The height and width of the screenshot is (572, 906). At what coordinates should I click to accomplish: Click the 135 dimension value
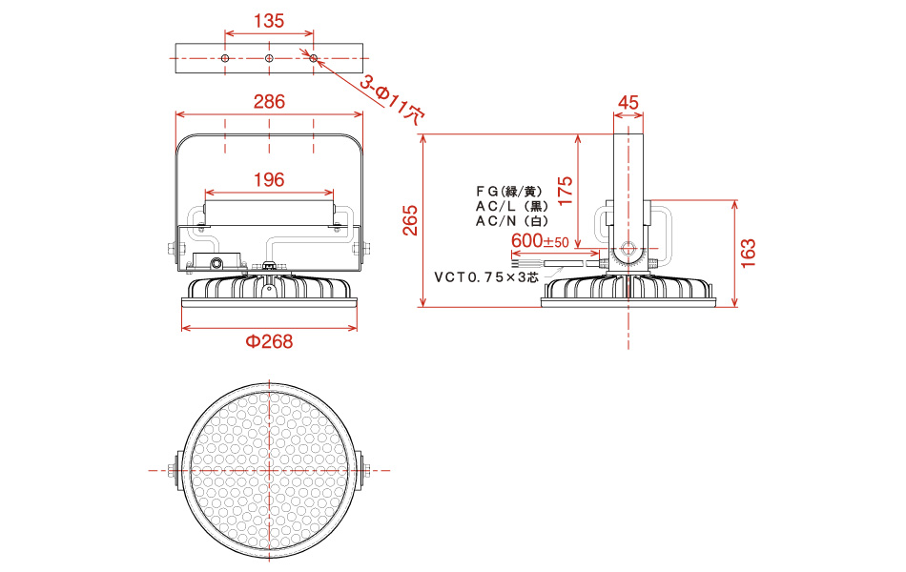(269, 21)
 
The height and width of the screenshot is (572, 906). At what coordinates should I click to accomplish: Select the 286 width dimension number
(269, 102)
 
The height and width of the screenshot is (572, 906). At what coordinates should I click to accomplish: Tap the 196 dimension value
(269, 179)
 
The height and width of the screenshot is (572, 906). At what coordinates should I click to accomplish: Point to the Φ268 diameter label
(269, 341)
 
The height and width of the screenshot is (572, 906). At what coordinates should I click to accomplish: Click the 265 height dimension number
(410, 220)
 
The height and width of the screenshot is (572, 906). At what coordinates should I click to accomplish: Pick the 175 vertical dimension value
(566, 191)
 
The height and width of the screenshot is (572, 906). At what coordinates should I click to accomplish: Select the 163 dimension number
(748, 253)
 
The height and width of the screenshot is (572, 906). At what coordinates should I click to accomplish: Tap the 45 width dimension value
(628, 102)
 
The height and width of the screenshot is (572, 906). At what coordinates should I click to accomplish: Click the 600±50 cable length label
(540, 240)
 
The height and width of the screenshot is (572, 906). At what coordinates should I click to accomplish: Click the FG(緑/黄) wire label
(509, 192)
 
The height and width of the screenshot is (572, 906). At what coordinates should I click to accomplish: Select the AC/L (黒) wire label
(512, 206)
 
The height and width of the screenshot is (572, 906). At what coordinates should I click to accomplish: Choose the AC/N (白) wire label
(512, 221)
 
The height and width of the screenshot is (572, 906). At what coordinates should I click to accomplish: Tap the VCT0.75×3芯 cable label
(486, 277)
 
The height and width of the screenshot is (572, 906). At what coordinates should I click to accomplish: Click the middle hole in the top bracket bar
(269, 58)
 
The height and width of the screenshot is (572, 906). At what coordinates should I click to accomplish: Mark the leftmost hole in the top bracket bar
(225, 58)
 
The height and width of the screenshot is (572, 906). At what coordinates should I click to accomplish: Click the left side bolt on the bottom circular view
(174, 470)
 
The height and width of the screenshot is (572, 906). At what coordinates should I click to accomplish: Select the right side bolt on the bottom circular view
(365, 470)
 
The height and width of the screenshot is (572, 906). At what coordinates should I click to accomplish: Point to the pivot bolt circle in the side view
(628, 250)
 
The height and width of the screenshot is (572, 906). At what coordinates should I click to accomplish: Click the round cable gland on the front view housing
(216, 263)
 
